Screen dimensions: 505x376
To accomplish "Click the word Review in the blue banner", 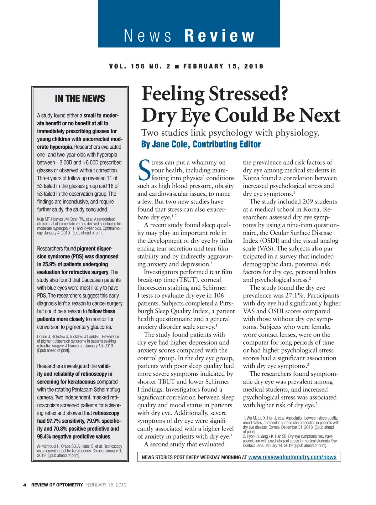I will coord(219,36).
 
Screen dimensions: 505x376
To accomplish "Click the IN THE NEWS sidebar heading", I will coord(80,99).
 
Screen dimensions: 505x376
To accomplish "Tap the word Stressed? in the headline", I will coord(248,94).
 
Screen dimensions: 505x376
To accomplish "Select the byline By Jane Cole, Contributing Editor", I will coord(201,144).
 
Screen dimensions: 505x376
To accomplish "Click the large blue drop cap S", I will coord(144,170).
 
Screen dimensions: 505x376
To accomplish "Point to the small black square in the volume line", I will coord(177,66).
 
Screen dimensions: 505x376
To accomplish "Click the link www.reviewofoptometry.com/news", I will coord(292,457).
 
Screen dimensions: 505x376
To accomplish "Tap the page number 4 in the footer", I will coord(25,485).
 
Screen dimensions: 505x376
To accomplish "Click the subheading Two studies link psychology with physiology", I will coord(230,133).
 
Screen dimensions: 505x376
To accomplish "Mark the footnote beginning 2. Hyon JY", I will coord(290,441).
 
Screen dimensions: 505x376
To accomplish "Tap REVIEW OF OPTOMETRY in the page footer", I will coord(57,485).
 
